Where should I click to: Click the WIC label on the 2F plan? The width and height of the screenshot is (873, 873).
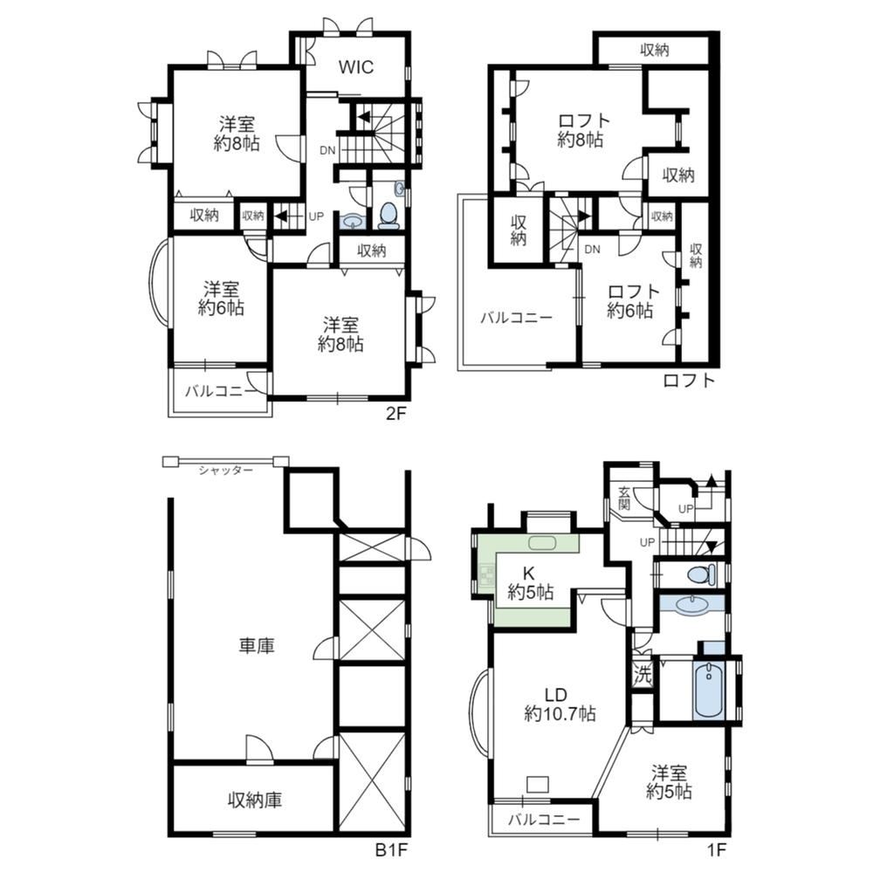coord(356,67)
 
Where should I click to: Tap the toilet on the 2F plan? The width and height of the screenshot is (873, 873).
coord(388,215)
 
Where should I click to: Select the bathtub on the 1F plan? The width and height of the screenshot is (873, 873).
coord(709,690)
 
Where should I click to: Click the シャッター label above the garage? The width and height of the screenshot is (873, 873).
coord(225,471)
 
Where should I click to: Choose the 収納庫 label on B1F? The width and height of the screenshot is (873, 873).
coord(254,800)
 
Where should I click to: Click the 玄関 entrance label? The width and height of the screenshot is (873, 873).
coord(623,498)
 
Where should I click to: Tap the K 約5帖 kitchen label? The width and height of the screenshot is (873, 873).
coord(530,582)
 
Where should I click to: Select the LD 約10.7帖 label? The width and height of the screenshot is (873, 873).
coord(560,704)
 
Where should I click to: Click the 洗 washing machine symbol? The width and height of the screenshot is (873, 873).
coord(643,676)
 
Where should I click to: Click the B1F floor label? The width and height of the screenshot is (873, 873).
coord(391,850)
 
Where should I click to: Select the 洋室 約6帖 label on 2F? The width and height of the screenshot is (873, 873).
coord(221,299)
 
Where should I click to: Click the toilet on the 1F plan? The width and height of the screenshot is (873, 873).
coord(701,574)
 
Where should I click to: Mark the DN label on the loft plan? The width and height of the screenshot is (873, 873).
coord(593,250)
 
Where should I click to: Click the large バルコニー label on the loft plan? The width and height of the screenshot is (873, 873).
coord(516,318)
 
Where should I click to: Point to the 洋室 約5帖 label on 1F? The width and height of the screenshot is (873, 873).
coord(670,781)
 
